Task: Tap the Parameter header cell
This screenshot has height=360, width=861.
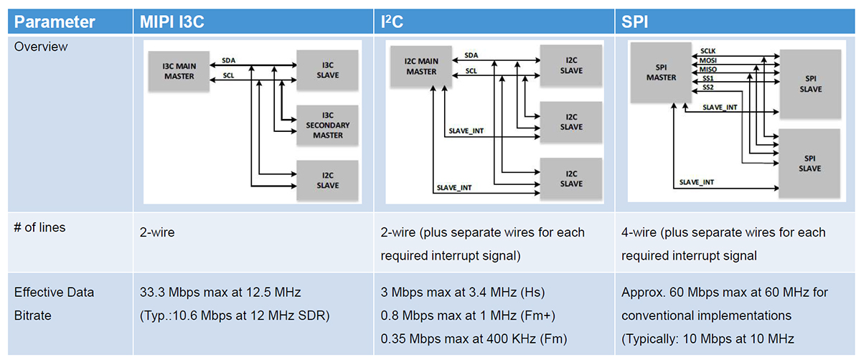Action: click(55, 22)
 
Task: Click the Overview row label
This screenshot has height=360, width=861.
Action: click(41, 47)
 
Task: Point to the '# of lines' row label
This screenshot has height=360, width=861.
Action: click(40, 227)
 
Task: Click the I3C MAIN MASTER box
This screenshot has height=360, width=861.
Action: click(179, 71)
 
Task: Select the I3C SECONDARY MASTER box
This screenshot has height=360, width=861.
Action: click(328, 125)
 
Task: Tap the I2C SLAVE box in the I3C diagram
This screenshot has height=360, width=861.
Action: click(328, 180)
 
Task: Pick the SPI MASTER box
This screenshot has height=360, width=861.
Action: click(661, 72)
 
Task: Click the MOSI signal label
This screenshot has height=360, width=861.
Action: click(709, 61)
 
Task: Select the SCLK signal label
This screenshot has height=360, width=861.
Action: click(709, 52)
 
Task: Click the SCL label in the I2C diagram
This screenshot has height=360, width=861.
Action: click(471, 71)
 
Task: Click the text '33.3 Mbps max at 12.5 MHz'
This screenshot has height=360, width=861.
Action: click(220, 292)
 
